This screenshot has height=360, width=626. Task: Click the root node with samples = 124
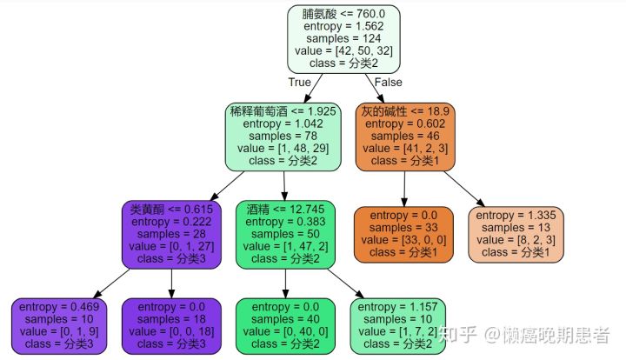pos(343,40)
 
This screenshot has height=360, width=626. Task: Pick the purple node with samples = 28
pos(170,235)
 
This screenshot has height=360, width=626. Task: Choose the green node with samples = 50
pos(284,235)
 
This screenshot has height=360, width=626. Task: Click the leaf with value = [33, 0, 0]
pos(403,234)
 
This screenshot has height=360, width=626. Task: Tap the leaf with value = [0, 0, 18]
pos(170,325)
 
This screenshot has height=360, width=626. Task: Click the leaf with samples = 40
pos(284,325)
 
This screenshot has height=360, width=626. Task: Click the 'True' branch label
pos(299,82)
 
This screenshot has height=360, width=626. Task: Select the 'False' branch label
pos(388,82)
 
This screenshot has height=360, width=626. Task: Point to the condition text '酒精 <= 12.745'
pos(284,210)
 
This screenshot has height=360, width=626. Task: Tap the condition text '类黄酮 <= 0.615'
pos(170,210)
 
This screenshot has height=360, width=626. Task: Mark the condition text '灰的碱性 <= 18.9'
pos(404,111)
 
